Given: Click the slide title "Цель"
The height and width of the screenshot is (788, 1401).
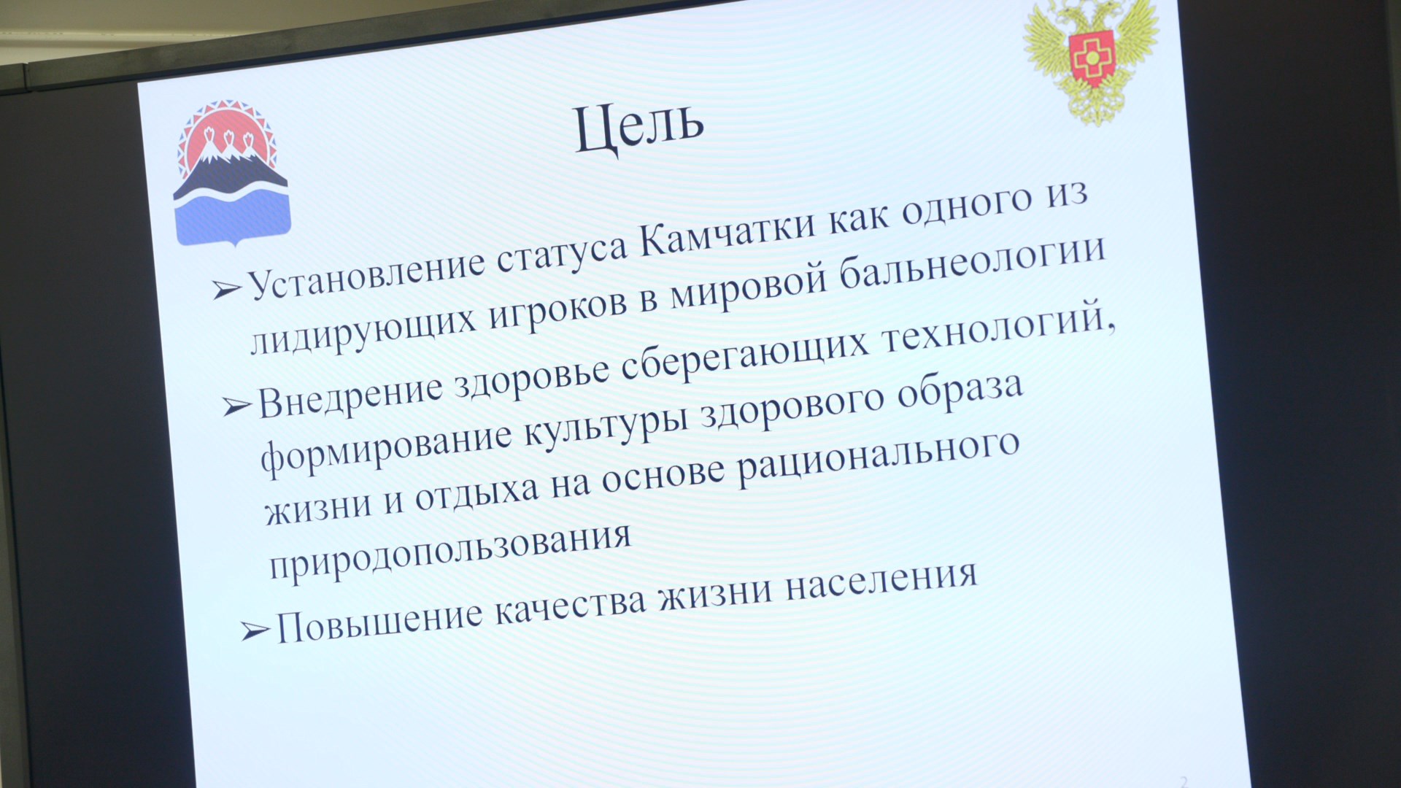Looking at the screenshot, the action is (x=639, y=127).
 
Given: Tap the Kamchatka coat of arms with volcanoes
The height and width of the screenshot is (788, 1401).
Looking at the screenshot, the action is (x=231, y=172).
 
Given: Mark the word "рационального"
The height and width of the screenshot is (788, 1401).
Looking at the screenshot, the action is (x=879, y=463).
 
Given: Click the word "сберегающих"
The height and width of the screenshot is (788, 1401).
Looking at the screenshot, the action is (x=745, y=357).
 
